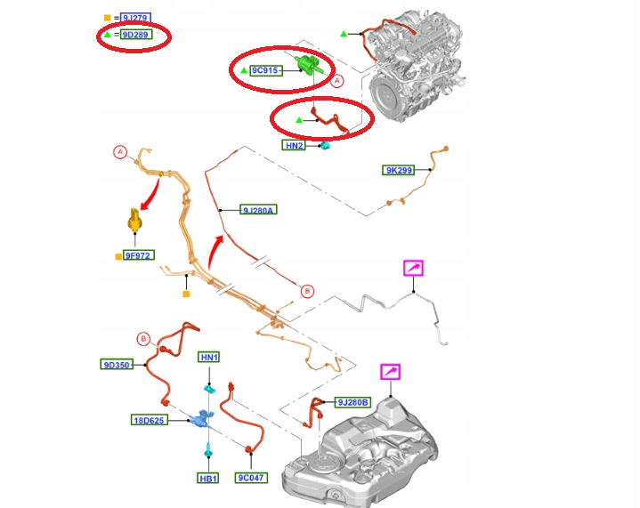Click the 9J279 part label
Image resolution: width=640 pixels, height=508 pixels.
134,18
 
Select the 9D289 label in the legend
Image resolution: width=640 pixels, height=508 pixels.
134,36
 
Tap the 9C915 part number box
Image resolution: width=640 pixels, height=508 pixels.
265,69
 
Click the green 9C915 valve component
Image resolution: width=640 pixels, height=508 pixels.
310,65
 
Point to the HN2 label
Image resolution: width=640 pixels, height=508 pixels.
295,145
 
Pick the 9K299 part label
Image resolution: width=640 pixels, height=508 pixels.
398,170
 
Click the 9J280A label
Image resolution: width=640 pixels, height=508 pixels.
259,210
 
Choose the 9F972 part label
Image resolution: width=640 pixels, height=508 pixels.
138,255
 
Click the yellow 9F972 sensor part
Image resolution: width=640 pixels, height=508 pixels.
134,219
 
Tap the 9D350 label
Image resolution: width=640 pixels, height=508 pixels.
117,364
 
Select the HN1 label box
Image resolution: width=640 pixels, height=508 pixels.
209,358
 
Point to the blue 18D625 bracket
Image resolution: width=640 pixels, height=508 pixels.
204,417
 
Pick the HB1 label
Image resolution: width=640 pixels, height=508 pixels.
208,478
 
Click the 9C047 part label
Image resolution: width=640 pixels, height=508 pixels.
251,478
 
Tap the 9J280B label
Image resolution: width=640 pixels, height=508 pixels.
352,402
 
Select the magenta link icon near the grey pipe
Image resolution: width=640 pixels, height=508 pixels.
415,267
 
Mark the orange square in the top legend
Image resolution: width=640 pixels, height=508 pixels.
108,18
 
